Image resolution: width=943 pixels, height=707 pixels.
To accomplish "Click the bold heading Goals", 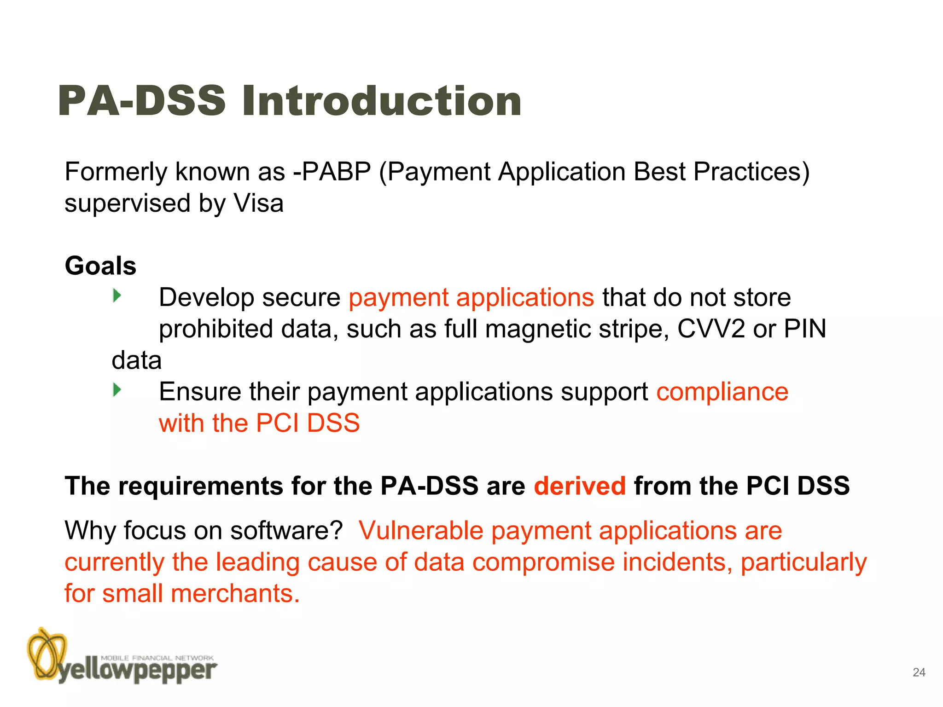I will pyautogui.click(x=100, y=266).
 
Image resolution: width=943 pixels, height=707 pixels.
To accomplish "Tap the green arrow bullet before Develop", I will pyautogui.click(x=117, y=296).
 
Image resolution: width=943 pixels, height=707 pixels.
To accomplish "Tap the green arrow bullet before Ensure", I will pyautogui.click(x=117, y=390).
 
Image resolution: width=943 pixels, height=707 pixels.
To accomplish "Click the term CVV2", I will pyautogui.click(x=711, y=329).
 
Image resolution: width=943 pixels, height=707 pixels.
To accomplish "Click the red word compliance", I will pyautogui.click(x=722, y=392).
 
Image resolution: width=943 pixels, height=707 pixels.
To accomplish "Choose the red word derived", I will pyautogui.click(x=580, y=486).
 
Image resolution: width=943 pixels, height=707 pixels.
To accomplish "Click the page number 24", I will pyautogui.click(x=919, y=672).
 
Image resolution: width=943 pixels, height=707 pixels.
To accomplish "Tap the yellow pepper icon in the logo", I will pyautogui.click(x=47, y=654).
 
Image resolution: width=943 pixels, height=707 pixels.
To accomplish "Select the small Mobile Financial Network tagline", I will pyautogui.click(x=157, y=658).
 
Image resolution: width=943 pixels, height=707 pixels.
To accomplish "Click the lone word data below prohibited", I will pyautogui.click(x=137, y=360).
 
